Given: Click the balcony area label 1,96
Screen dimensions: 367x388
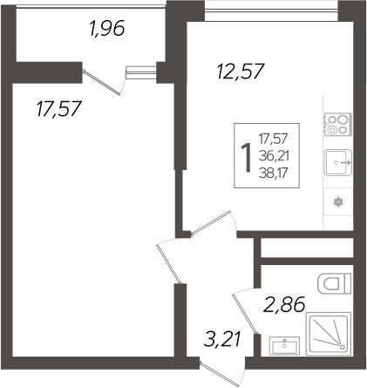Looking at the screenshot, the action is point(107,29).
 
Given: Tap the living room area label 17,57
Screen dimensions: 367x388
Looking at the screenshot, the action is point(58,109).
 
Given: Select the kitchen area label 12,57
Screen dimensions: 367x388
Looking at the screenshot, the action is point(241,71).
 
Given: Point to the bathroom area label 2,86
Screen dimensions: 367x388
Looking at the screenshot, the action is point(284,304).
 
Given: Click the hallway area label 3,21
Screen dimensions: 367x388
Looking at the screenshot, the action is point(222,339).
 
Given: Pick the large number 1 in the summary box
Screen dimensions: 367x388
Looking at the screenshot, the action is point(246,158).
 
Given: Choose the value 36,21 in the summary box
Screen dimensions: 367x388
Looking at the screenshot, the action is point(274,156).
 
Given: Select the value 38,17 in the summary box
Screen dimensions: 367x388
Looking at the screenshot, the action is point(274,173).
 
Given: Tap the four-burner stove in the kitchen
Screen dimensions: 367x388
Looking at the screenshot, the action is point(338,124).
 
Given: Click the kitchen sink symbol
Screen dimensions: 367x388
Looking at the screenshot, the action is point(338,162).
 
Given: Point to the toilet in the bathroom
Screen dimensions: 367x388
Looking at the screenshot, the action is point(335,283).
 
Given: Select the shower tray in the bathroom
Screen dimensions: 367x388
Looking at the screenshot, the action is point(329,334).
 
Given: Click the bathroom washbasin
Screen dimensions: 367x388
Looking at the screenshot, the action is point(284,346).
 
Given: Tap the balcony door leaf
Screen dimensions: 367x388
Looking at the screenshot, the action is point(101,82).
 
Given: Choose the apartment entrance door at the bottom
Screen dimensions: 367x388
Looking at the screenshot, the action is point(220,374).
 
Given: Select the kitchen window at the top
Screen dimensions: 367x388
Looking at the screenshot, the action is point(271,10).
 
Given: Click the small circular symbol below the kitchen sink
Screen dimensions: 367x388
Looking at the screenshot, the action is point(338,202).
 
